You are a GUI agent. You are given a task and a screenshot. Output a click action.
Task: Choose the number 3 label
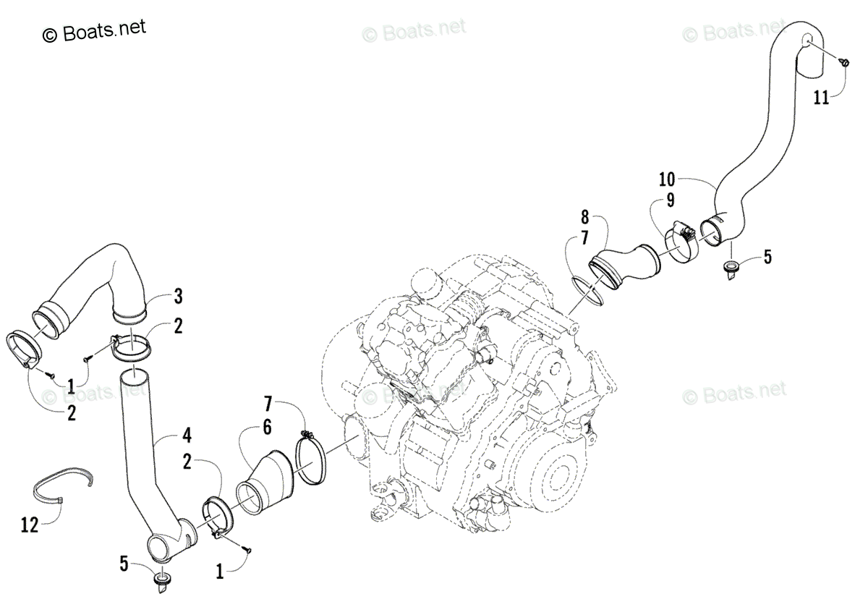pyautogui.click(x=177, y=296)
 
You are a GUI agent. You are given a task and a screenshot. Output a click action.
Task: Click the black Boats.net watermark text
pyautogui.click(x=95, y=30)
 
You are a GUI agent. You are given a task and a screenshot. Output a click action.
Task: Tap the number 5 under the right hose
pyautogui.click(x=767, y=256)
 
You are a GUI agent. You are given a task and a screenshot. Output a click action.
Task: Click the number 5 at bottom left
pyautogui.click(x=124, y=562)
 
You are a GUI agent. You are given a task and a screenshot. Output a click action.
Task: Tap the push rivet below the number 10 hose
pyautogui.click(x=731, y=269)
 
